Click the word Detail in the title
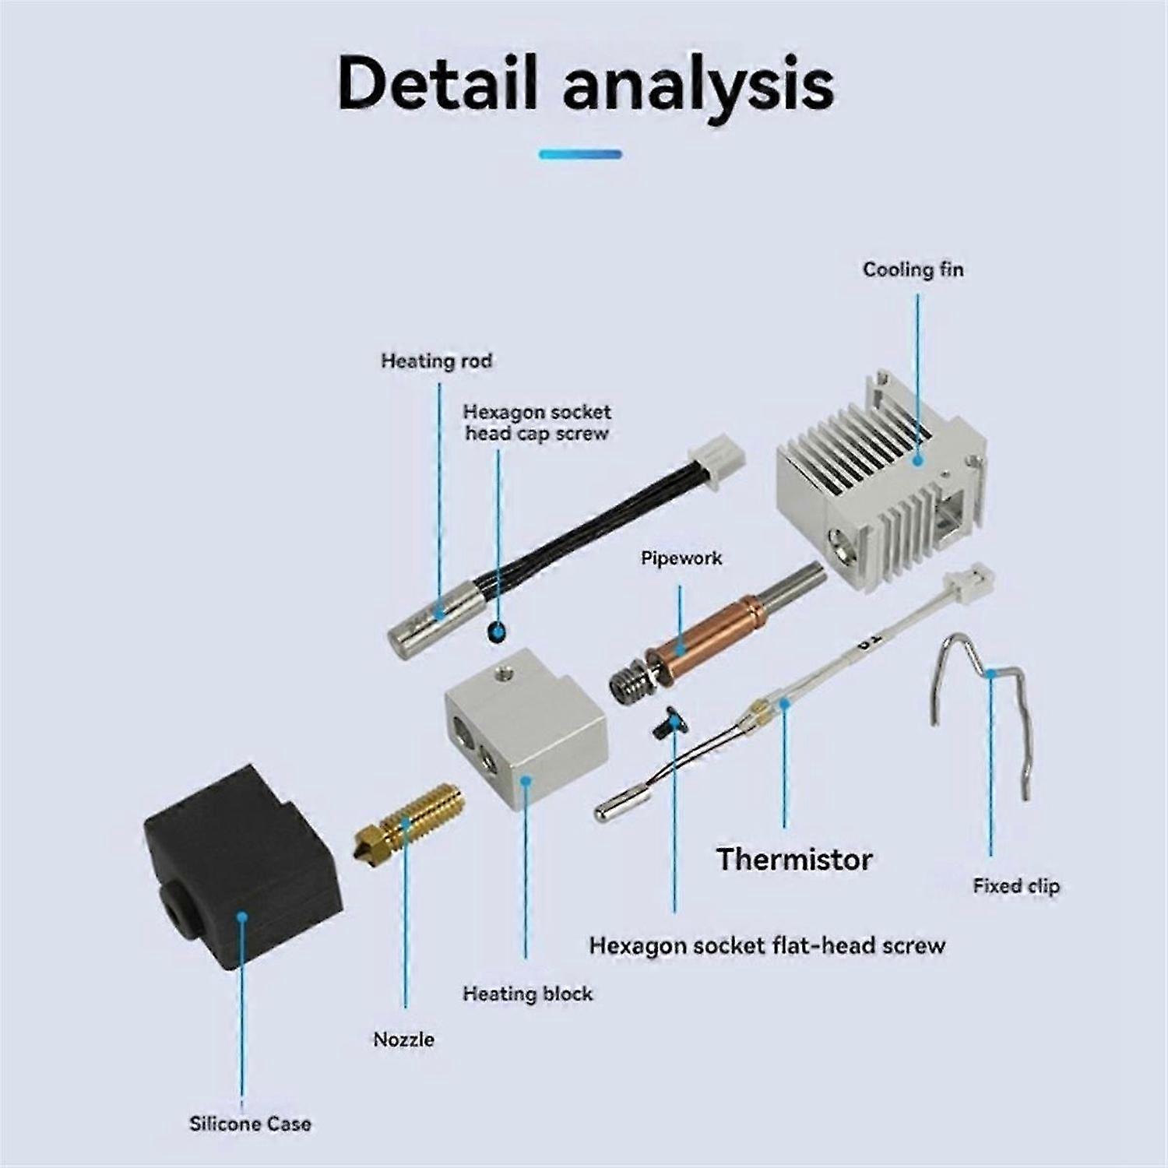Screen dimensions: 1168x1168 pos(438,83)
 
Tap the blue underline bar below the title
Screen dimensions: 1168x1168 pos(580,154)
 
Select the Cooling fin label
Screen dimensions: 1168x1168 pos(913,269)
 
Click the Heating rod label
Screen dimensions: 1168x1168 pos(436,361)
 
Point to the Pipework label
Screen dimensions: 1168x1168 pos(681,558)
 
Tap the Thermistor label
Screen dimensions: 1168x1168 pos(794,859)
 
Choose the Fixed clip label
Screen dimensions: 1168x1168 pos(1015,885)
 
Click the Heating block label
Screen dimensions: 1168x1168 pos(527,994)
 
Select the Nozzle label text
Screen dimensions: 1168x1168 pos(403,1039)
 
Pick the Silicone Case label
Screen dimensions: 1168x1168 pos(250,1124)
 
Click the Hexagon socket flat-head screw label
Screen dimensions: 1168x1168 pos(766,945)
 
